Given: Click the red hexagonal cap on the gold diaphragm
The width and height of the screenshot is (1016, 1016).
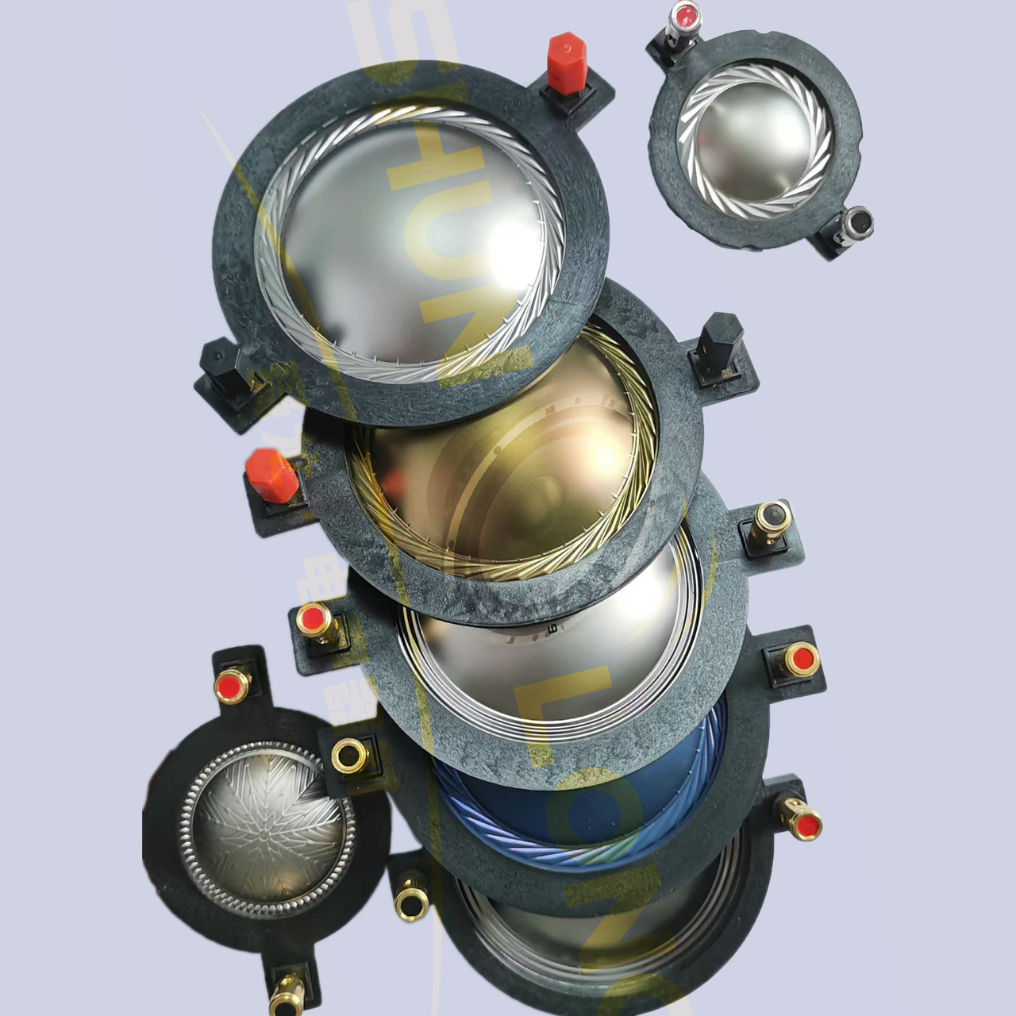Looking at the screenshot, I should pyautogui.click(x=271, y=474).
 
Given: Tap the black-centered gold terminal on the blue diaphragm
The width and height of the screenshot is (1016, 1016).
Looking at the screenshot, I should pyautogui.click(x=348, y=754).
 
